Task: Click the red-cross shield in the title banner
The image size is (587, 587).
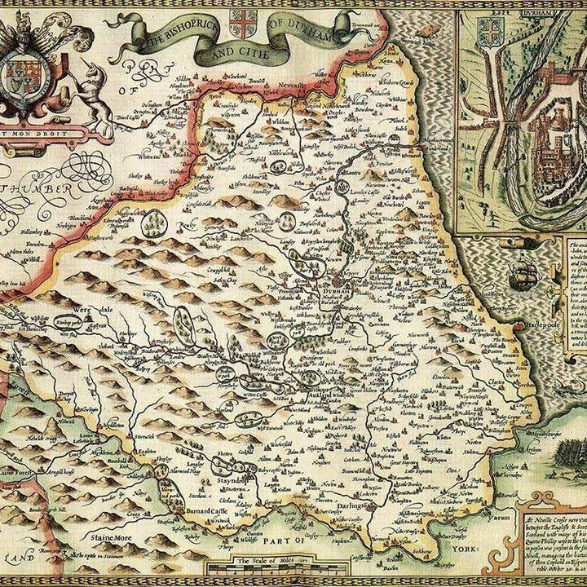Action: pyautogui.click(x=242, y=22)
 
